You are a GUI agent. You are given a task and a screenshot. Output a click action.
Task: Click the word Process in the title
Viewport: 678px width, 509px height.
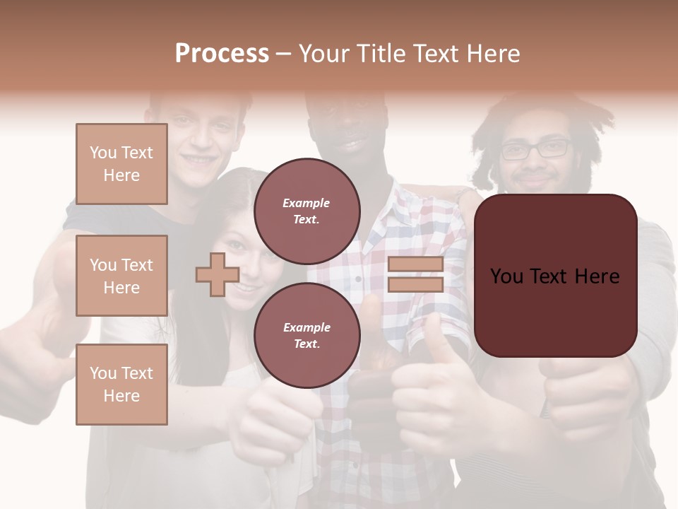(x=222, y=54)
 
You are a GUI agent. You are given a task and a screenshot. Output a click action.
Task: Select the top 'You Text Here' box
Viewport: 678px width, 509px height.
(x=121, y=164)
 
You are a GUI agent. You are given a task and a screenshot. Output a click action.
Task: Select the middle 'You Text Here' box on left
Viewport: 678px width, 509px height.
(x=121, y=276)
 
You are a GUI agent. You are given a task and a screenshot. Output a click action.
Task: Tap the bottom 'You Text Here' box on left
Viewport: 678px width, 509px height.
(x=121, y=385)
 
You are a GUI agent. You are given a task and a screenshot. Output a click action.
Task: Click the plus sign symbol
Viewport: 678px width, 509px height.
(x=217, y=275)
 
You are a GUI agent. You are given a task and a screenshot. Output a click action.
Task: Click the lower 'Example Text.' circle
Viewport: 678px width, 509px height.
(x=307, y=335)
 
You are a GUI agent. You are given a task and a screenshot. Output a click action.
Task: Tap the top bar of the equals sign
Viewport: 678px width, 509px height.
(x=415, y=264)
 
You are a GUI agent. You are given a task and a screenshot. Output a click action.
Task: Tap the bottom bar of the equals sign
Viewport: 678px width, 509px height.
(x=415, y=284)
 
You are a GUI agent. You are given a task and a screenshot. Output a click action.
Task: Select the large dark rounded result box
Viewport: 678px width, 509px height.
(x=555, y=276)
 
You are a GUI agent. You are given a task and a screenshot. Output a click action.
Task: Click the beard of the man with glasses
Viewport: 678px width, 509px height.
(x=537, y=184)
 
